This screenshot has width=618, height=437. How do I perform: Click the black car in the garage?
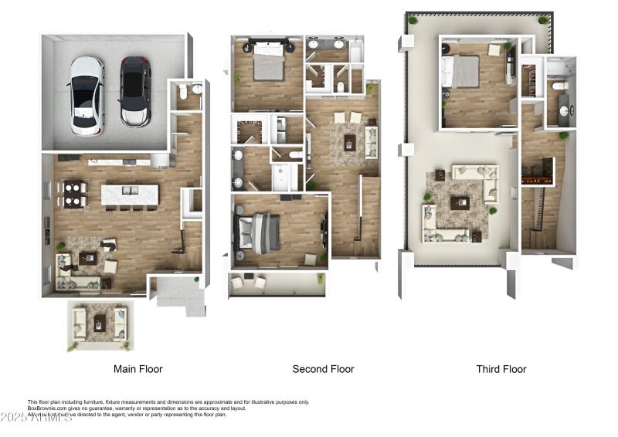pyautogui.click(x=135, y=91)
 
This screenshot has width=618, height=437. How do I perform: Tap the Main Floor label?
pyautogui.click(x=138, y=369)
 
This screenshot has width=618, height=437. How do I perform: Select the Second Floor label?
pyautogui.click(x=323, y=369)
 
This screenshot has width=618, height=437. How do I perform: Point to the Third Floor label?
pyautogui.click(x=501, y=369)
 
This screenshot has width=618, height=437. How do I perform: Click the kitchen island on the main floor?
pyautogui.click(x=130, y=195)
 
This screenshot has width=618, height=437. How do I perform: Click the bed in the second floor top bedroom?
pyautogui.click(x=268, y=63)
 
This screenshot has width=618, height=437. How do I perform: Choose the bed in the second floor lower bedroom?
pyautogui.click(x=259, y=231)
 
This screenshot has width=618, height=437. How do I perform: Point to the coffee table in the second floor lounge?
pyautogui.click(x=349, y=141)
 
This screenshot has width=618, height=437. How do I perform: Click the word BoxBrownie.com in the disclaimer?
pyautogui.click(x=46, y=408)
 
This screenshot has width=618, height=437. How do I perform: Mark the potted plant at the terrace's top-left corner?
pyautogui.click(x=413, y=20)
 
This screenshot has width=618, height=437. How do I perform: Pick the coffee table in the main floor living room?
pyautogui.click(x=87, y=258)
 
